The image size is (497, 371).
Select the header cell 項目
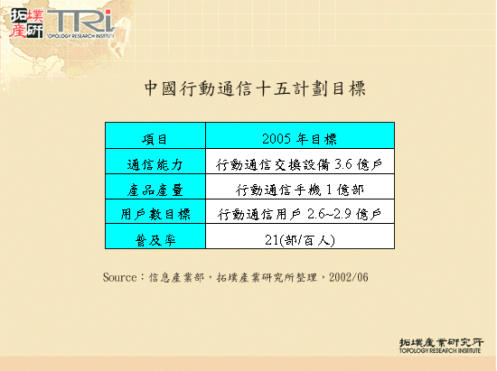point(155,139)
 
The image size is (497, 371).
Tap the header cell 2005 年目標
point(299,139)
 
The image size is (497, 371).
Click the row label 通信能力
point(155,164)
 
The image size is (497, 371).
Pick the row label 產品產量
point(155,190)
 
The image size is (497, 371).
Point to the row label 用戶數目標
point(155,214)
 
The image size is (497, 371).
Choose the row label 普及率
point(155,239)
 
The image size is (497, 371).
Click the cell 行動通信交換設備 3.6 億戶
point(299,164)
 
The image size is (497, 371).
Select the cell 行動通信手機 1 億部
point(299,190)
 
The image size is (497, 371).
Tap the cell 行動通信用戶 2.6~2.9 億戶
point(299,214)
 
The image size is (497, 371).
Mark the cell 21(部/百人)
point(299,239)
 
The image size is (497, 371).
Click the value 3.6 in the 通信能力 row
point(342,164)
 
